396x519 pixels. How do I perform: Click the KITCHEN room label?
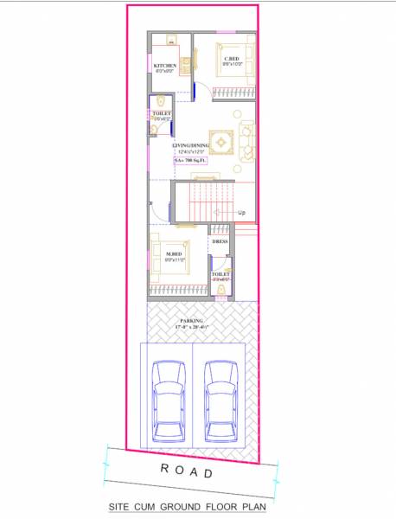(166, 66)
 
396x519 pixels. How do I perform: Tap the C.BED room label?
(232, 58)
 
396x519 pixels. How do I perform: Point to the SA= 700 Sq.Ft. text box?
(191, 161)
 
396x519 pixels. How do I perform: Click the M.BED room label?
(176, 253)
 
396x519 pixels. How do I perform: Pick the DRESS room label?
(220, 242)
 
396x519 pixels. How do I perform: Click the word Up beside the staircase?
(242, 213)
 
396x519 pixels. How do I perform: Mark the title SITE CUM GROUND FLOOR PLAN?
(188, 508)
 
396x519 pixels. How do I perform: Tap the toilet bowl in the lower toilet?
(220, 292)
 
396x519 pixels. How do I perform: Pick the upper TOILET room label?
(162, 113)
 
